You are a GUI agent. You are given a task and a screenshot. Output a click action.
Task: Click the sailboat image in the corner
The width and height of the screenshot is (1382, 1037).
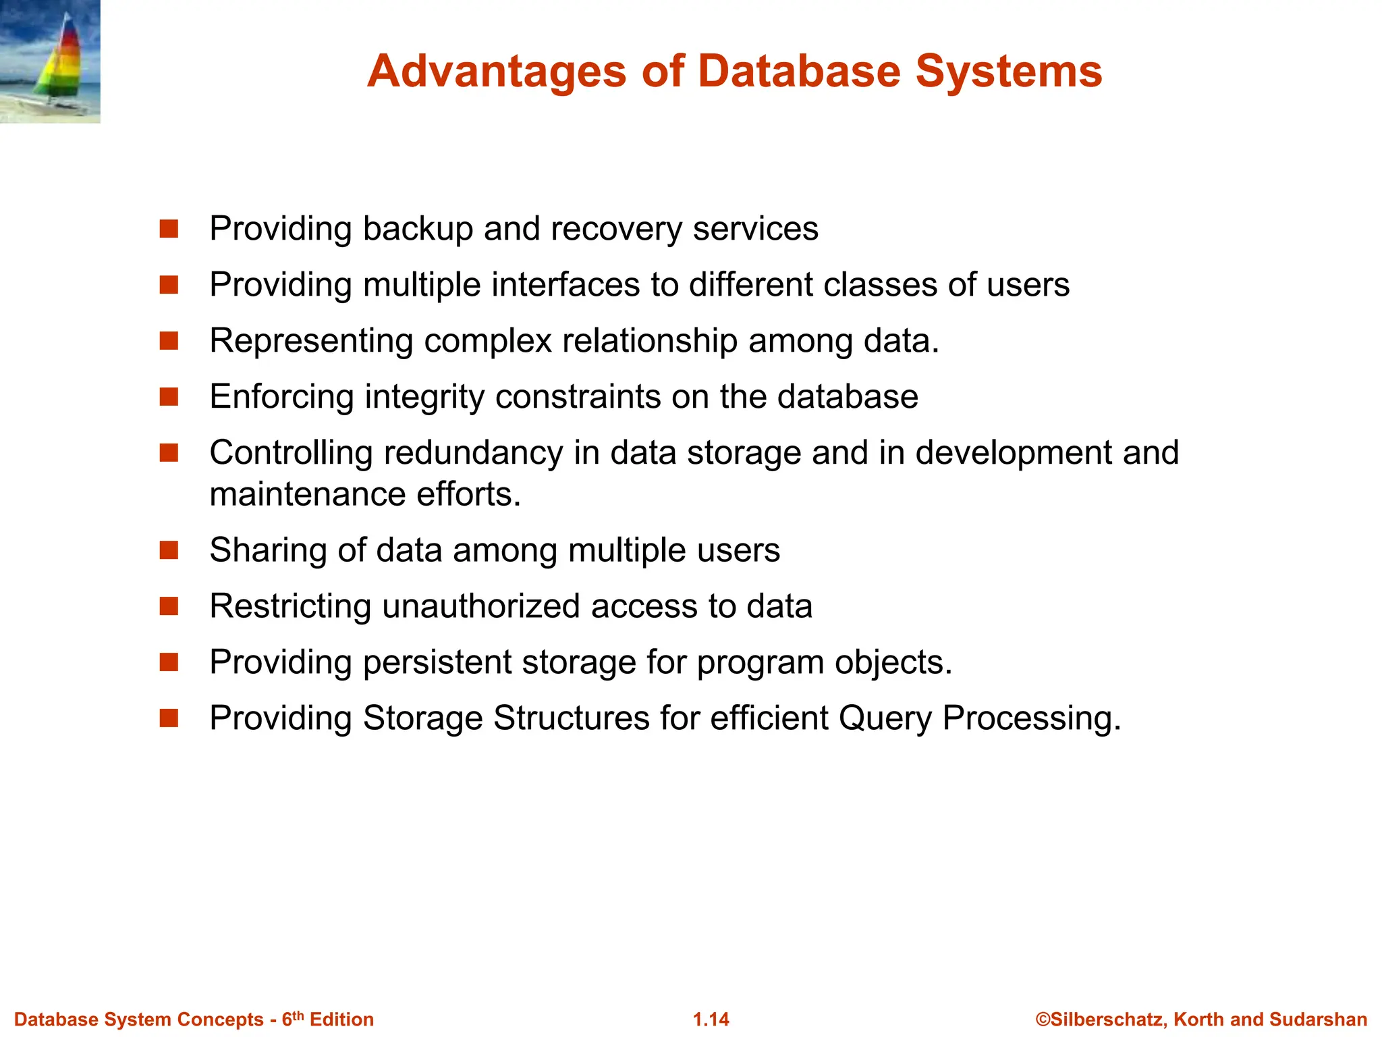click(50, 61)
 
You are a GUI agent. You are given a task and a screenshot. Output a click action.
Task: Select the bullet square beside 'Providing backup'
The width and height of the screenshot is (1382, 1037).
click(169, 229)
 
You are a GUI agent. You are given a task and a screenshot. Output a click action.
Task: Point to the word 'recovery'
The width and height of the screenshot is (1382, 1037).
click(617, 229)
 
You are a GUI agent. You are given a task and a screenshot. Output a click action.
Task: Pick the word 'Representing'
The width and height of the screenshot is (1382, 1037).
click(311, 341)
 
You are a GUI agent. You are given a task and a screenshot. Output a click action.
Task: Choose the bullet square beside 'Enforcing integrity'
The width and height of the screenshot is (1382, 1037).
click(169, 397)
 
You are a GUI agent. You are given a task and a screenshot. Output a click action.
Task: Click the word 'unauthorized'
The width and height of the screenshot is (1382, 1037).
click(481, 606)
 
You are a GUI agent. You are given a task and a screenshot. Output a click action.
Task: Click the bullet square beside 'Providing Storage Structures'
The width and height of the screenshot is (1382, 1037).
click(169, 718)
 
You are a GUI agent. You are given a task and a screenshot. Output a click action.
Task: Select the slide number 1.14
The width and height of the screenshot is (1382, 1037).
click(711, 1019)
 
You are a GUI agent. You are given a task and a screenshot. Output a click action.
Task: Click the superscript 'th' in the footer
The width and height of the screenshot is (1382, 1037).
click(298, 1015)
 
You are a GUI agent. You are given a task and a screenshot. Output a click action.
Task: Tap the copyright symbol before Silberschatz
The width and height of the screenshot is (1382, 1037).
click(1043, 1019)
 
